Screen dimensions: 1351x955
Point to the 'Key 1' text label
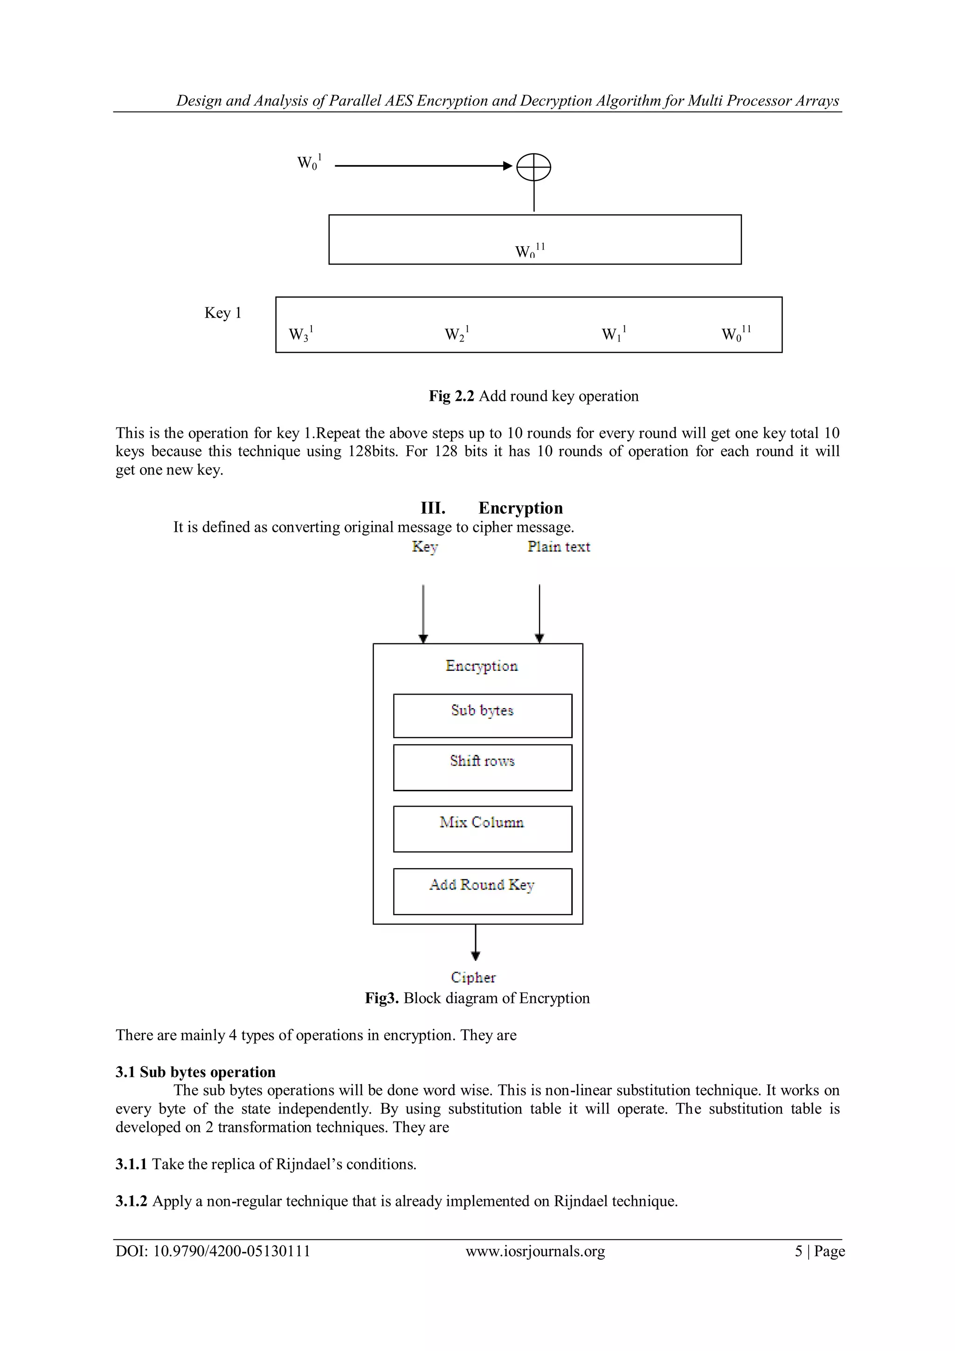pos(223,313)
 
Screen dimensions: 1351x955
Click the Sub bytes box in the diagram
pos(482,716)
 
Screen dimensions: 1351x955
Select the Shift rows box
pos(482,767)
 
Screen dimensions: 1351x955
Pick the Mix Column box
pos(482,829)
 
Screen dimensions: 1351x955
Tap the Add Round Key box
pos(482,891)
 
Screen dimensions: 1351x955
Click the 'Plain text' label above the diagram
pos(558,547)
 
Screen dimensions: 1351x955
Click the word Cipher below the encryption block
pos(473,977)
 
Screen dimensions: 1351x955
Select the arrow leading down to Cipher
pos(476,942)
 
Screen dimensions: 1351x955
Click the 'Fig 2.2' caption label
pos(451,396)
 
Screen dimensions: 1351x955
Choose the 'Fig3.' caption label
pos(382,998)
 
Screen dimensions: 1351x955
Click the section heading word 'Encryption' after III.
pos(520,508)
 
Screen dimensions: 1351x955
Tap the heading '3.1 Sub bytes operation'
pos(195,1072)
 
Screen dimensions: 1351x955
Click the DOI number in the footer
pos(232,1252)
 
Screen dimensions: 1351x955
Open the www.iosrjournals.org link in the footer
pos(535,1252)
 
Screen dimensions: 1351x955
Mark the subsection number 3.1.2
pos(131,1201)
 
